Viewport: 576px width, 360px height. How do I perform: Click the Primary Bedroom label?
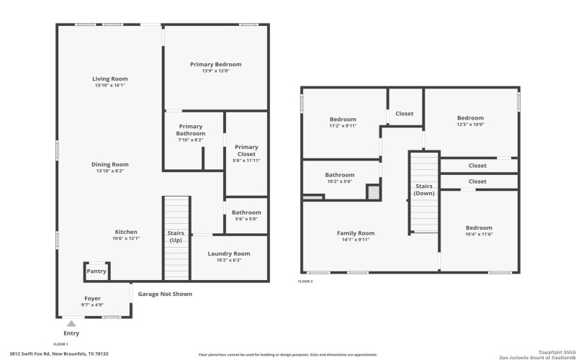pyautogui.click(x=215, y=65)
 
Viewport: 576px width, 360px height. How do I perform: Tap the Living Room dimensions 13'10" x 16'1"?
pyautogui.click(x=109, y=86)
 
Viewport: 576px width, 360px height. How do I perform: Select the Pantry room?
pyautogui.click(x=96, y=271)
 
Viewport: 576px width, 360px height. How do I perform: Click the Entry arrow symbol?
pyautogui.click(x=71, y=325)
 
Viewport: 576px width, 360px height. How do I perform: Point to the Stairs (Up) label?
pyautogui.click(x=175, y=237)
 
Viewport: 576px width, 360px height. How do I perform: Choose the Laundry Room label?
pyautogui.click(x=229, y=253)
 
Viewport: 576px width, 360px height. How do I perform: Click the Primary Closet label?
pyautogui.click(x=246, y=150)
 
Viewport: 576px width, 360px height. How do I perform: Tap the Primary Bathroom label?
pyautogui.click(x=192, y=130)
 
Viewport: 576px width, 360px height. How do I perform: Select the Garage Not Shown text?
pyautogui.click(x=165, y=294)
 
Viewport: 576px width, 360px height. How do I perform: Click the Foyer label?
pyautogui.click(x=92, y=298)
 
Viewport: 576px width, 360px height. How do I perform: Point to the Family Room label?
pyautogui.click(x=356, y=233)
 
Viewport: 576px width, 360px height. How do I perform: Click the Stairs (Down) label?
pyautogui.click(x=424, y=190)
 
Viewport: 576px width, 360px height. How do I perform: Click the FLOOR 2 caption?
pyautogui.click(x=305, y=281)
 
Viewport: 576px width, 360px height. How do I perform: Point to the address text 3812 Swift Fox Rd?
pyautogui.click(x=58, y=354)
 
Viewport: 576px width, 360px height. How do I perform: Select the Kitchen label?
pyautogui.click(x=126, y=232)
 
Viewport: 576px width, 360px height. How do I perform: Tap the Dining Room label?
pyautogui.click(x=109, y=164)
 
